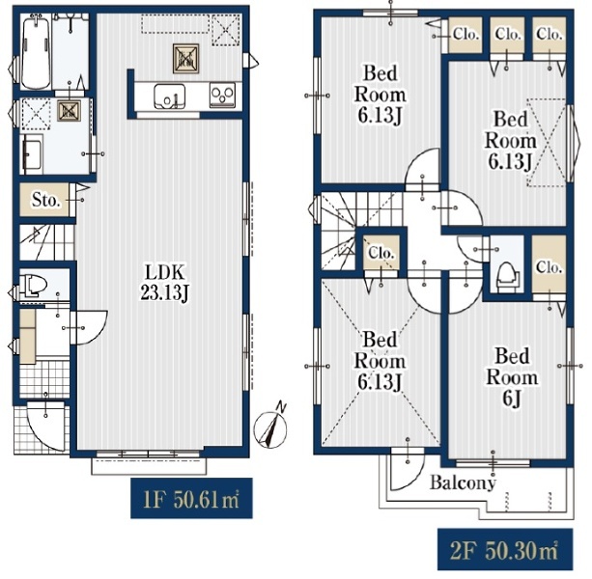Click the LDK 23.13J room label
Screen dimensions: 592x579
tap(164, 282)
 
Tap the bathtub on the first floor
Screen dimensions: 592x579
tap(36, 52)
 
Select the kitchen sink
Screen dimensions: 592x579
tap(170, 96)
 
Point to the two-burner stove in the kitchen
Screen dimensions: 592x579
tap(222, 95)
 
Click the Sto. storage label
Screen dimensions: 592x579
tap(45, 200)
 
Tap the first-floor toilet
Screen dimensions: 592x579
tap(33, 284)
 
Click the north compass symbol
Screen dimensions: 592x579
tap(271, 427)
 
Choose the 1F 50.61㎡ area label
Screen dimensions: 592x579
tap(191, 498)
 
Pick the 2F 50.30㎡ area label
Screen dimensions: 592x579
tap(505, 549)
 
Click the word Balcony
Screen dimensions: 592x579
tap(463, 483)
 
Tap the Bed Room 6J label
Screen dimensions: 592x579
tap(512, 377)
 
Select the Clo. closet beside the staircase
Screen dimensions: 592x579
tap(381, 252)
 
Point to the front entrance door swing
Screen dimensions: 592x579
tap(46, 427)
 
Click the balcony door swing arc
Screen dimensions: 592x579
tap(408, 471)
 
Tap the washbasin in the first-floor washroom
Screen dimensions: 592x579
tap(33, 153)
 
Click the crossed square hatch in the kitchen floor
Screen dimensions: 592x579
tap(185, 59)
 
